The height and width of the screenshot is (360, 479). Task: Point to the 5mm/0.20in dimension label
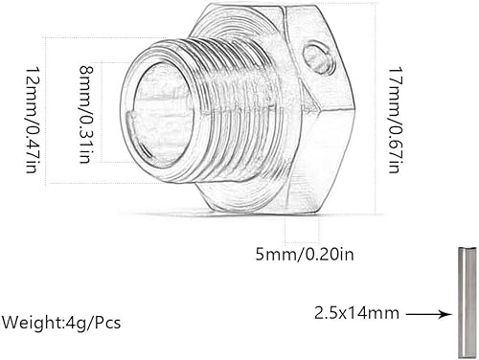click(305, 255)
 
